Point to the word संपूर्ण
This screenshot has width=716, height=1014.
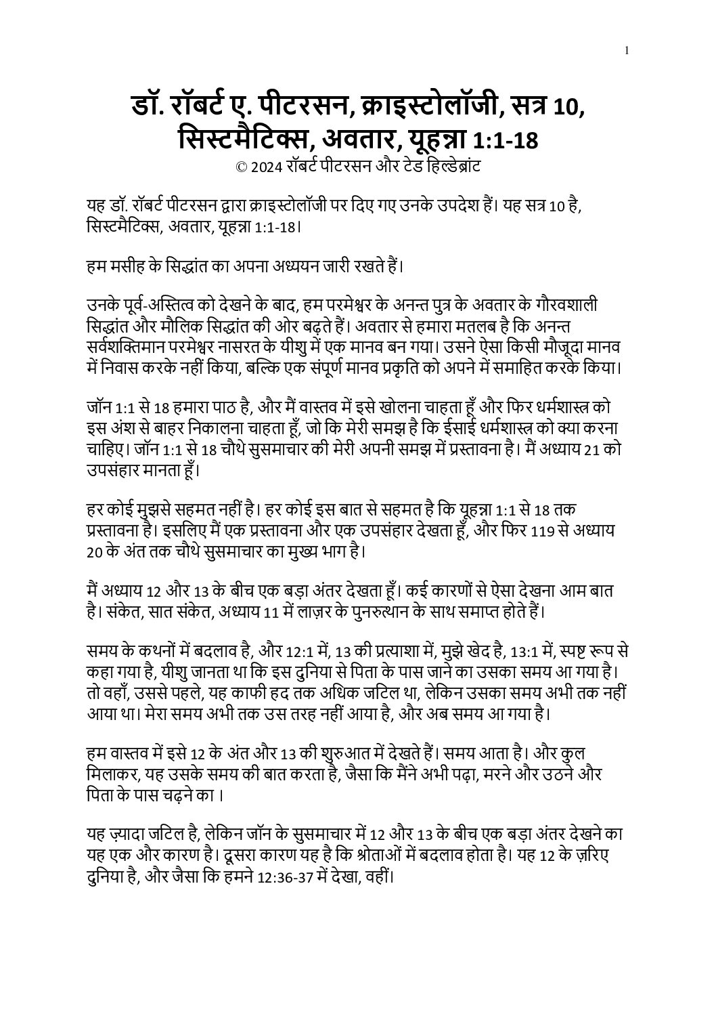coord(352,368)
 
